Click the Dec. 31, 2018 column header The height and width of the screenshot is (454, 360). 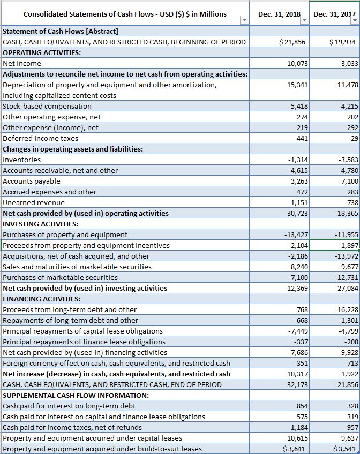(276, 14)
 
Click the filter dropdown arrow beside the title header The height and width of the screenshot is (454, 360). (244, 20)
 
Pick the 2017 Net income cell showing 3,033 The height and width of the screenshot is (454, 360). (349, 64)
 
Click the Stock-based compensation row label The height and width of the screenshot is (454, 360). (47, 106)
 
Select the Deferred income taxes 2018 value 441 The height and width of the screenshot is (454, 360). (302, 138)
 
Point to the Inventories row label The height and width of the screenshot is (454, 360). (22, 160)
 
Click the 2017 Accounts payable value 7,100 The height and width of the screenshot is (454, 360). (348, 181)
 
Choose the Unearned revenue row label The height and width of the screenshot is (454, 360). (34, 202)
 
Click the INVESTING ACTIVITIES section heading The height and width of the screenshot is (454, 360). (41, 224)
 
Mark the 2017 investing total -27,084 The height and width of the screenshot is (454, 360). (346, 288)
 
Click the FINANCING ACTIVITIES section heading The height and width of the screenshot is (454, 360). (42, 299)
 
